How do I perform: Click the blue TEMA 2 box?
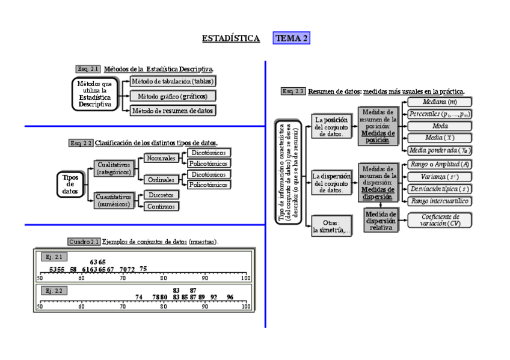[291, 38]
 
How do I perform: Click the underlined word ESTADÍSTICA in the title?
[231, 38]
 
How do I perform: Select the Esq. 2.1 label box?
[88, 69]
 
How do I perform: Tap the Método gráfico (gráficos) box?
[173, 96]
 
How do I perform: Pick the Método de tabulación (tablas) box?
[173, 81]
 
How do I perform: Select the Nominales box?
[160, 159]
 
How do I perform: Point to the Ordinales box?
[160, 180]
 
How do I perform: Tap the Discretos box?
[162, 195]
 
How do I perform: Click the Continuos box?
[162, 206]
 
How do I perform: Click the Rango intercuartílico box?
[438, 201]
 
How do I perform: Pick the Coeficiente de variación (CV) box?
[438, 220]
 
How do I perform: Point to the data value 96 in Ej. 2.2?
[230, 297]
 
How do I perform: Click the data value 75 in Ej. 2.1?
[143, 269]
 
